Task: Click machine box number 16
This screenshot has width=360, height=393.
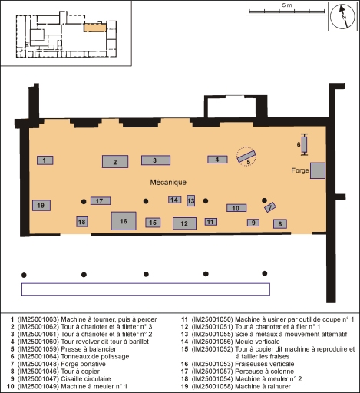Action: [124, 221]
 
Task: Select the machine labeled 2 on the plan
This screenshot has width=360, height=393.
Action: [115, 161]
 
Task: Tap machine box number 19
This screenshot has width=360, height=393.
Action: [41, 205]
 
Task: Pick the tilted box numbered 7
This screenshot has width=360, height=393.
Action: [270, 206]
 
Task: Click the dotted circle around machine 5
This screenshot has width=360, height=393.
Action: [246, 147]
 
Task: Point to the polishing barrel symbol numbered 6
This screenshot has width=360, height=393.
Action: [304, 144]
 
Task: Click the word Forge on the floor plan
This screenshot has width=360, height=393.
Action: [300, 170]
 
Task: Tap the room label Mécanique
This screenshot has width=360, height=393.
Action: [168, 182]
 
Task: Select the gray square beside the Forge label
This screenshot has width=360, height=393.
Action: [318, 170]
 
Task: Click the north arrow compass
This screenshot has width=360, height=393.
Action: [342, 16]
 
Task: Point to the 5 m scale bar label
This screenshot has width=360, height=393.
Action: [287, 5]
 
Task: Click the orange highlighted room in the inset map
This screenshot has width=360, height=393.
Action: [95, 28]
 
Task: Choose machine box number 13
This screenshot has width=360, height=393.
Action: [190, 200]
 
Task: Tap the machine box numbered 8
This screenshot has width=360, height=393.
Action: [280, 224]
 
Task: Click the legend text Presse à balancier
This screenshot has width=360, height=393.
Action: [88, 349]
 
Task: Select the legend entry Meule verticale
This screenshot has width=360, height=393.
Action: [257, 342]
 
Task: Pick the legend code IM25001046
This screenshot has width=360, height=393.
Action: [38, 372]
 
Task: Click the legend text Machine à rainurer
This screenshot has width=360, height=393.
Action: [263, 386]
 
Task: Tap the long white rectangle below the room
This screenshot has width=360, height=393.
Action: [146, 289]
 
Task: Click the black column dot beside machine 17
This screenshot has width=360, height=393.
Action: [84, 202]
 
